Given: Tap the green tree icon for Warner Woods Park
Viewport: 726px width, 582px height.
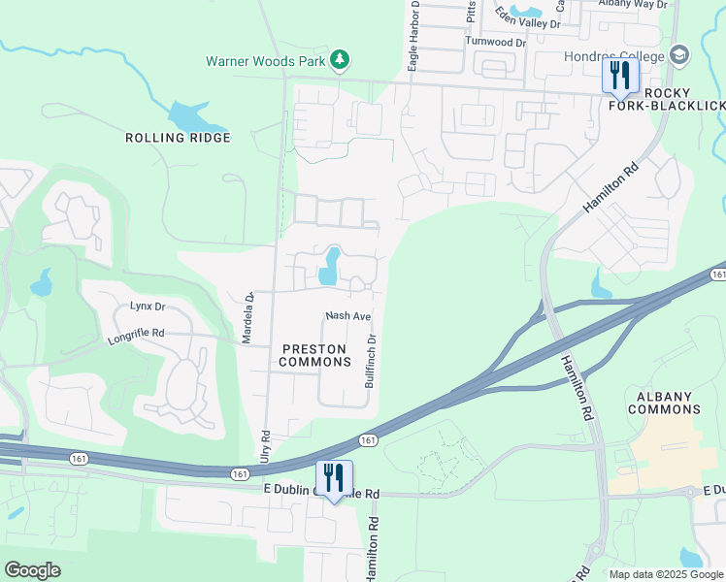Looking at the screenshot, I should pos(339,61).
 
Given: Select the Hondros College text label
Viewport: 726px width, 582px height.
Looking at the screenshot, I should pos(614,55).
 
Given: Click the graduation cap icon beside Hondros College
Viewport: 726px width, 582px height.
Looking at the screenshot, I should pos(677,55).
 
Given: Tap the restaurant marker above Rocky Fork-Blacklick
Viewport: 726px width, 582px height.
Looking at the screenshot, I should pos(620,76).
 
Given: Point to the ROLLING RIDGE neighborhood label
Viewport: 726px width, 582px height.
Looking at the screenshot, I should pos(178,138).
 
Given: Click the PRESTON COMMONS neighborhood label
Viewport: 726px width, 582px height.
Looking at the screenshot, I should pos(315,355).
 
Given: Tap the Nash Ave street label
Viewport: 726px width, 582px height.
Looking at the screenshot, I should pos(348,316).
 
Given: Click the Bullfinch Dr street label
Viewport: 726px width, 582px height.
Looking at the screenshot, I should pos(370,362).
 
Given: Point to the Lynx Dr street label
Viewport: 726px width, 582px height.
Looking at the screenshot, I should pos(148,307).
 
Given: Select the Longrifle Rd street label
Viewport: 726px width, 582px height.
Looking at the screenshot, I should pos(137,333).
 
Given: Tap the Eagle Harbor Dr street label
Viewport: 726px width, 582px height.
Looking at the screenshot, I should pos(414,37).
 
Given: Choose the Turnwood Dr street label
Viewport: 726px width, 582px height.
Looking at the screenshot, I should pos(495,43).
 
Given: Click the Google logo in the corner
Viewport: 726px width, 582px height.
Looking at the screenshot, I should pos(32,570).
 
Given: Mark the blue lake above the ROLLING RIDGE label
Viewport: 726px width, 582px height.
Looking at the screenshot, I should pos(194,117).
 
